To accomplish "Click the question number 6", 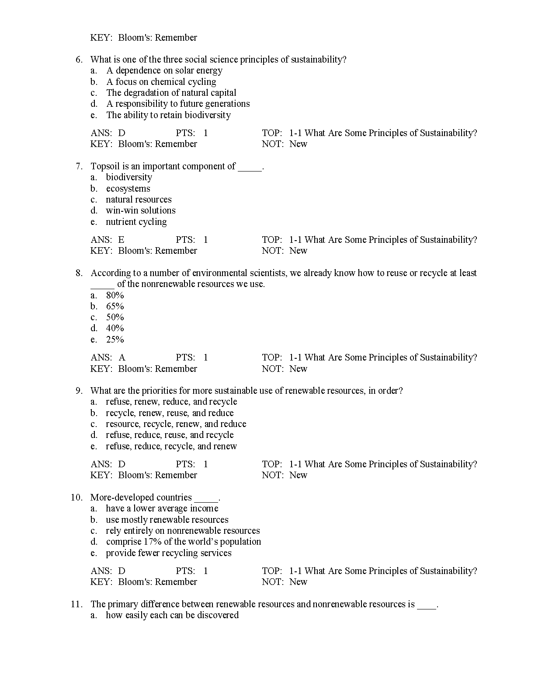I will coord(79,59).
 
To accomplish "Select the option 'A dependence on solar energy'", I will coord(164,70).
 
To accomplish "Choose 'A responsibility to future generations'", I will coord(178,104).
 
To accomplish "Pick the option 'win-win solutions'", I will coord(140,210).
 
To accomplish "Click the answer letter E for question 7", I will coord(121,240).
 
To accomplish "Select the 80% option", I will coord(115,295).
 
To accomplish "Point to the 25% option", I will coord(115,339).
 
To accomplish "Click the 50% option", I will coord(115,317).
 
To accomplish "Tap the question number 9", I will coord(79,391).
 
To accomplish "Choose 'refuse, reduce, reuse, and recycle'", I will coord(170,435).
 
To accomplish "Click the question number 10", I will coord(76,497).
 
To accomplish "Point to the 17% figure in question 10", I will coord(153,542).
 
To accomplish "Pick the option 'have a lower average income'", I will coord(162,508).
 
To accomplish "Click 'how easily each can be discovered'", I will coord(172,615).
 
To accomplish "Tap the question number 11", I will coord(76,604).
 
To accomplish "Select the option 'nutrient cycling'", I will coord(136,222).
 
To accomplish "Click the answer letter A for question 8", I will coord(122,357).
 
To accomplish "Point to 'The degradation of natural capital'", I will coord(171,93).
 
